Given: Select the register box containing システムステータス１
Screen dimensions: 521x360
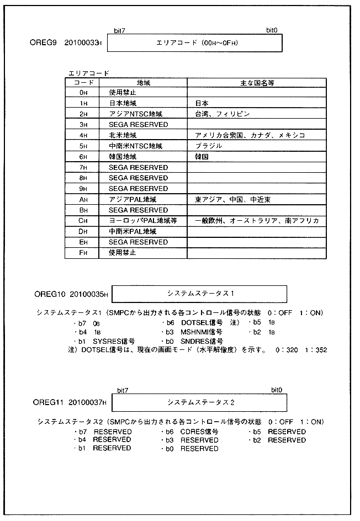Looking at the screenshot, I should click(199, 294).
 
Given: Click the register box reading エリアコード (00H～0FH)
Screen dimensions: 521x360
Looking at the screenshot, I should click(195, 42).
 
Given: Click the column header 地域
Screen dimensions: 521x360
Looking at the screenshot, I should click(142, 82).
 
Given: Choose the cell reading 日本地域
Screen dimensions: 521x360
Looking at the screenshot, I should click(123, 103).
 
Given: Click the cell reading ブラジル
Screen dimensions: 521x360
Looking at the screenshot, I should click(208, 146).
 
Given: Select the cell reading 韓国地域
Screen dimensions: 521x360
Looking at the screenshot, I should click(123, 157).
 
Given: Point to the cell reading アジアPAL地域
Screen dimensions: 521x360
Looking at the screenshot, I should click(133, 199).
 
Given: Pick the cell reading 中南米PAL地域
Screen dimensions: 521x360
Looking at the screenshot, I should click(133, 232).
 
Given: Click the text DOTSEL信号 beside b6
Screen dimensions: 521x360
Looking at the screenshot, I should click(200, 322).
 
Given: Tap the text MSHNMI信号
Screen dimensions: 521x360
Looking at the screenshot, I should click(201, 332).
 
